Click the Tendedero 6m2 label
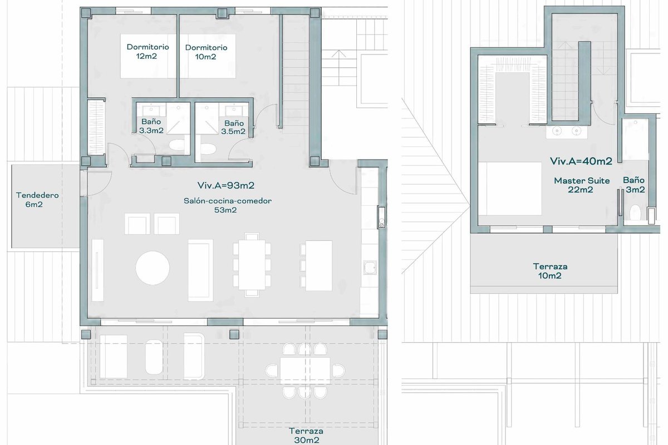pyautogui.click(x=37, y=200)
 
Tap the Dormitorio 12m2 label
pyautogui.click(x=148, y=51)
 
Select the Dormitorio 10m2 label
pyautogui.click(x=206, y=52)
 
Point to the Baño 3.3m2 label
pyautogui.click(x=151, y=126)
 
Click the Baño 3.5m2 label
pyautogui.click(x=233, y=127)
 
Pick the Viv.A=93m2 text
pyautogui.click(x=226, y=185)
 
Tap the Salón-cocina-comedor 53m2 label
pyautogui.click(x=227, y=205)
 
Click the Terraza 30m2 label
pyautogui.click(x=306, y=436)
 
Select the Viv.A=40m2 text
pyautogui.click(x=581, y=161)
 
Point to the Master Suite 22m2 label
pyautogui.click(x=582, y=185)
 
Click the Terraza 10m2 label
pyautogui.click(x=550, y=271)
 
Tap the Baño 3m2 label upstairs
pyautogui.click(x=634, y=185)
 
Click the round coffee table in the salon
pyautogui.click(x=153, y=268)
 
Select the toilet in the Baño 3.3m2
pyautogui.click(x=178, y=145)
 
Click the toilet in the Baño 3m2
pyautogui.click(x=635, y=212)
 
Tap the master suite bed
pyautogui.click(x=510, y=189)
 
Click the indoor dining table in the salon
pyautogui.click(x=252, y=265)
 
